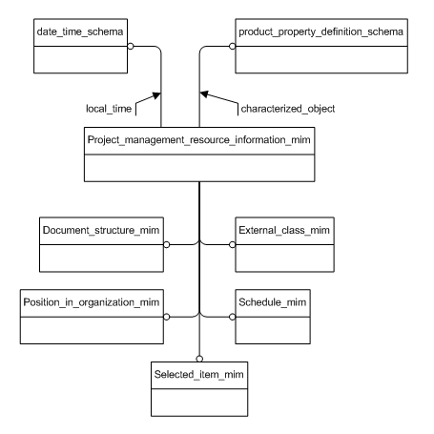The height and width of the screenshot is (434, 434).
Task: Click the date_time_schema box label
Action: [75, 32]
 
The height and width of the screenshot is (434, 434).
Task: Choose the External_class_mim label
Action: [284, 232]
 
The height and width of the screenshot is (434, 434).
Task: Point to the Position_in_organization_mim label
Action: [91, 302]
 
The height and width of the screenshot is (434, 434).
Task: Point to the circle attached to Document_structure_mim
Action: [167, 244]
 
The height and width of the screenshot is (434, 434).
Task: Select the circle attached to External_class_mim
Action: [232, 244]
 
